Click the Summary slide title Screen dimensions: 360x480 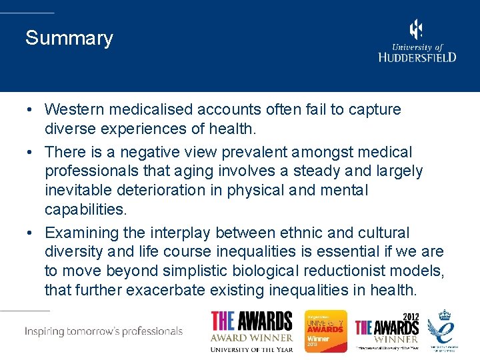pos(69,39)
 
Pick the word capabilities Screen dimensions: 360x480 pos(85,210)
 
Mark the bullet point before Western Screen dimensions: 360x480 pos(31,110)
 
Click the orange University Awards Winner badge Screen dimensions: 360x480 pos(326,331)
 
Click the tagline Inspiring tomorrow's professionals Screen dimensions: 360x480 pos(103,331)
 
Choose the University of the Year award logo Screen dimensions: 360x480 pos(251,331)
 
